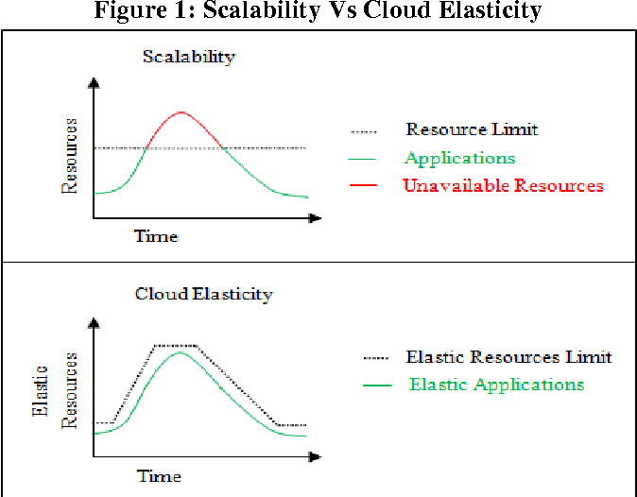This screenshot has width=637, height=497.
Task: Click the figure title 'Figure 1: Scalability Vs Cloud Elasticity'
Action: pyautogui.click(x=318, y=11)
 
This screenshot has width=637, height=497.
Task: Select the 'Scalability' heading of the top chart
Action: pyautogui.click(x=188, y=56)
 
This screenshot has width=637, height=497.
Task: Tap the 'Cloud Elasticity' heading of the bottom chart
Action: pyautogui.click(x=203, y=294)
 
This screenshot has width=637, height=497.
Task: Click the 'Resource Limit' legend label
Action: pyautogui.click(x=472, y=129)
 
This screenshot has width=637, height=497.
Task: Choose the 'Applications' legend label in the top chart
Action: pyautogui.click(x=459, y=158)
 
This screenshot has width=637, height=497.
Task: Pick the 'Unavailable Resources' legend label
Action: pyautogui.click(x=503, y=185)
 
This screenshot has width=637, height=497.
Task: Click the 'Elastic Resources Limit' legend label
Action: pyautogui.click(x=508, y=357)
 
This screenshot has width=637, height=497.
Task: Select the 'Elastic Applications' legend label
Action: pyautogui.click(x=496, y=385)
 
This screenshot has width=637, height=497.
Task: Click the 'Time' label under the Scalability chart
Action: pyautogui.click(x=156, y=235)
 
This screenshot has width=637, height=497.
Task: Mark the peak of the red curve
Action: pyautogui.click(x=182, y=111)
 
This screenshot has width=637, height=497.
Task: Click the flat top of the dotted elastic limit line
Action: pyautogui.click(x=176, y=345)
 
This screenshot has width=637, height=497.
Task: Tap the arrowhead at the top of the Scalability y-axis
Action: pyautogui.click(x=93, y=83)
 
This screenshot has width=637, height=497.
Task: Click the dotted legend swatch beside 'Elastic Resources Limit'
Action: pyautogui.click(x=376, y=358)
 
